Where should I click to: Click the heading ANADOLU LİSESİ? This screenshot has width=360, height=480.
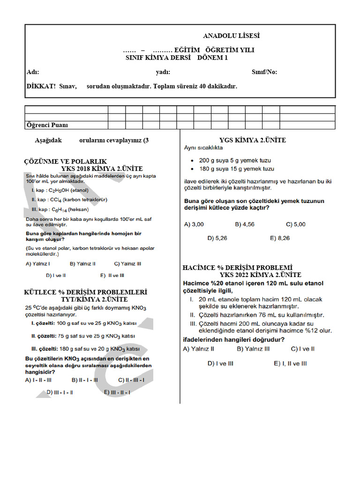click(x=231, y=36)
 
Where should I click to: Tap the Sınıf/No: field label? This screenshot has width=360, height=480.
click(x=264, y=72)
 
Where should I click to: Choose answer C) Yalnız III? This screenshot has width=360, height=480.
click(x=127, y=263)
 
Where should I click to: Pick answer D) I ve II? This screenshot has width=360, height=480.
click(x=56, y=276)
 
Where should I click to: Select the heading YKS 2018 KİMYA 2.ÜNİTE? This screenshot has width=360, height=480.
click(x=102, y=169)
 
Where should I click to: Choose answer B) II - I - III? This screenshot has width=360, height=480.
click(x=85, y=380)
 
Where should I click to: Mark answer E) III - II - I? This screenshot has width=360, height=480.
click(x=117, y=392)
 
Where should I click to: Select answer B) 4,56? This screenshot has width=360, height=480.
click(x=245, y=225)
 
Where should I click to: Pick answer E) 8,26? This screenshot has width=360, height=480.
click(x=280, y=238)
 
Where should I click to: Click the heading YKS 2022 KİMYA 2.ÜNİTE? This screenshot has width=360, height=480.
click(x=261, y=275)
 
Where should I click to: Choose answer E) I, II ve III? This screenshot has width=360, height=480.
click(x=290, y=363)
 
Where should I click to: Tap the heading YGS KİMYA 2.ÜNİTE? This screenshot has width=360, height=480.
click(x=253, y=140)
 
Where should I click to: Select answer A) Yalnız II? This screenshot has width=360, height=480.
click(x=199, y=349)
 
